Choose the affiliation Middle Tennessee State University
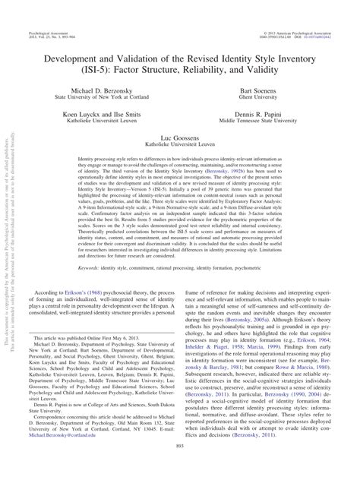[268, 120]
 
